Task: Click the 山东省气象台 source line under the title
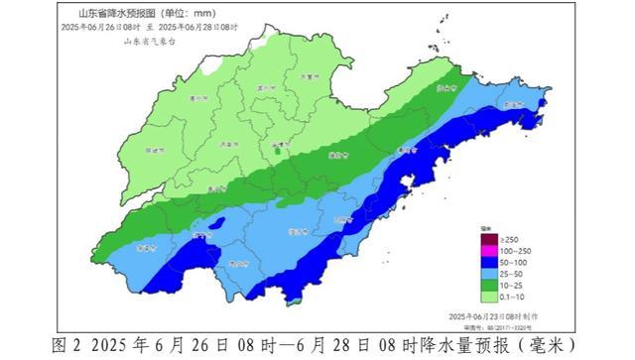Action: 149,41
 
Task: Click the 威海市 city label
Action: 513,104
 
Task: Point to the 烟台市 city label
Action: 445,87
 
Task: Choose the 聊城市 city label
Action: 153,151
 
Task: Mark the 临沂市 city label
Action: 343,219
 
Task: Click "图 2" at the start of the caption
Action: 64,345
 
